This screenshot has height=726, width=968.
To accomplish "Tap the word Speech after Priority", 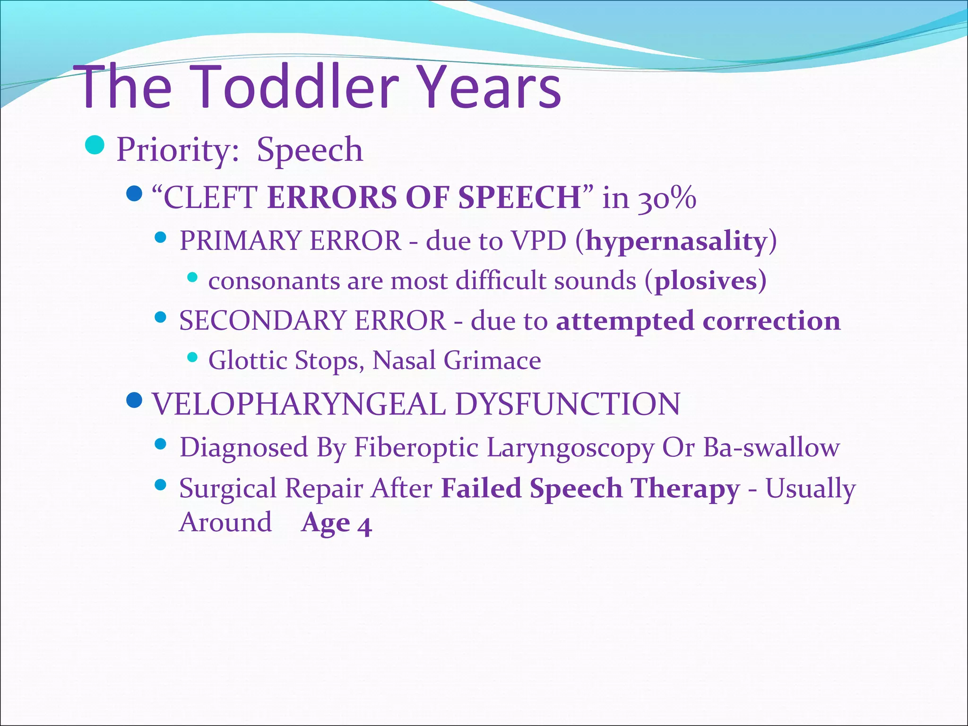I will coord(310,150).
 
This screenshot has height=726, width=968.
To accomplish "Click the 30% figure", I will coord(667,198).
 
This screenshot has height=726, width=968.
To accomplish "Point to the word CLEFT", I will coord(210,197).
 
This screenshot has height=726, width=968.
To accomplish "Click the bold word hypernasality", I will coord(676,241).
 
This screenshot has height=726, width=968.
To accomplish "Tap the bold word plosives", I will coord(705,281).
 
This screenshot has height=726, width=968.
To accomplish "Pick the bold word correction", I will coord(771,320).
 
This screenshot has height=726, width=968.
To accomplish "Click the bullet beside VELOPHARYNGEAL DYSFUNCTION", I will coord(135,401).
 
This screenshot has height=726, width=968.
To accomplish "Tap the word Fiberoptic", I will coord(416,447).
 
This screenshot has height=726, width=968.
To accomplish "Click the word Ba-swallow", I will coord(771,447).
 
